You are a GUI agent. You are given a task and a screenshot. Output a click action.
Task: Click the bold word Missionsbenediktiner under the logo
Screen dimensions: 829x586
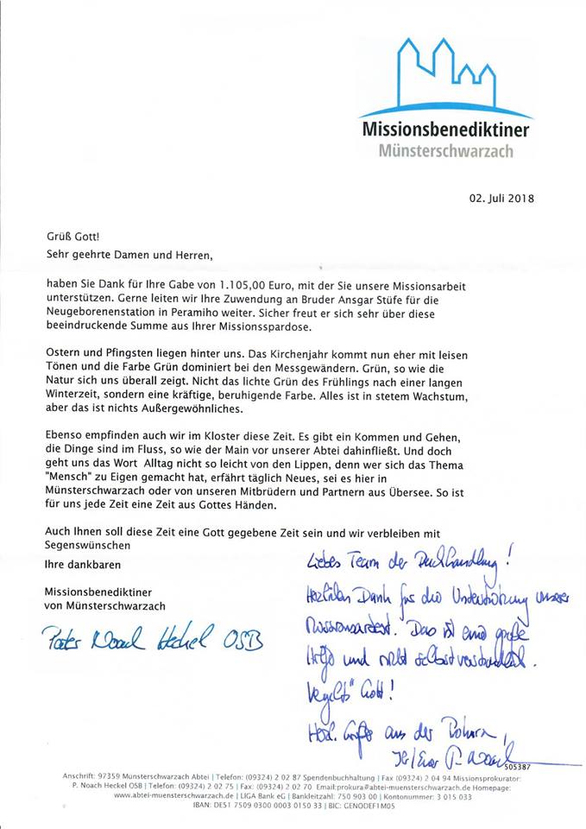[445, 130]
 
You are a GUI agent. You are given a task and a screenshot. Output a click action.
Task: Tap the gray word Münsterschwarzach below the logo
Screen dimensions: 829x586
[445, 150]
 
